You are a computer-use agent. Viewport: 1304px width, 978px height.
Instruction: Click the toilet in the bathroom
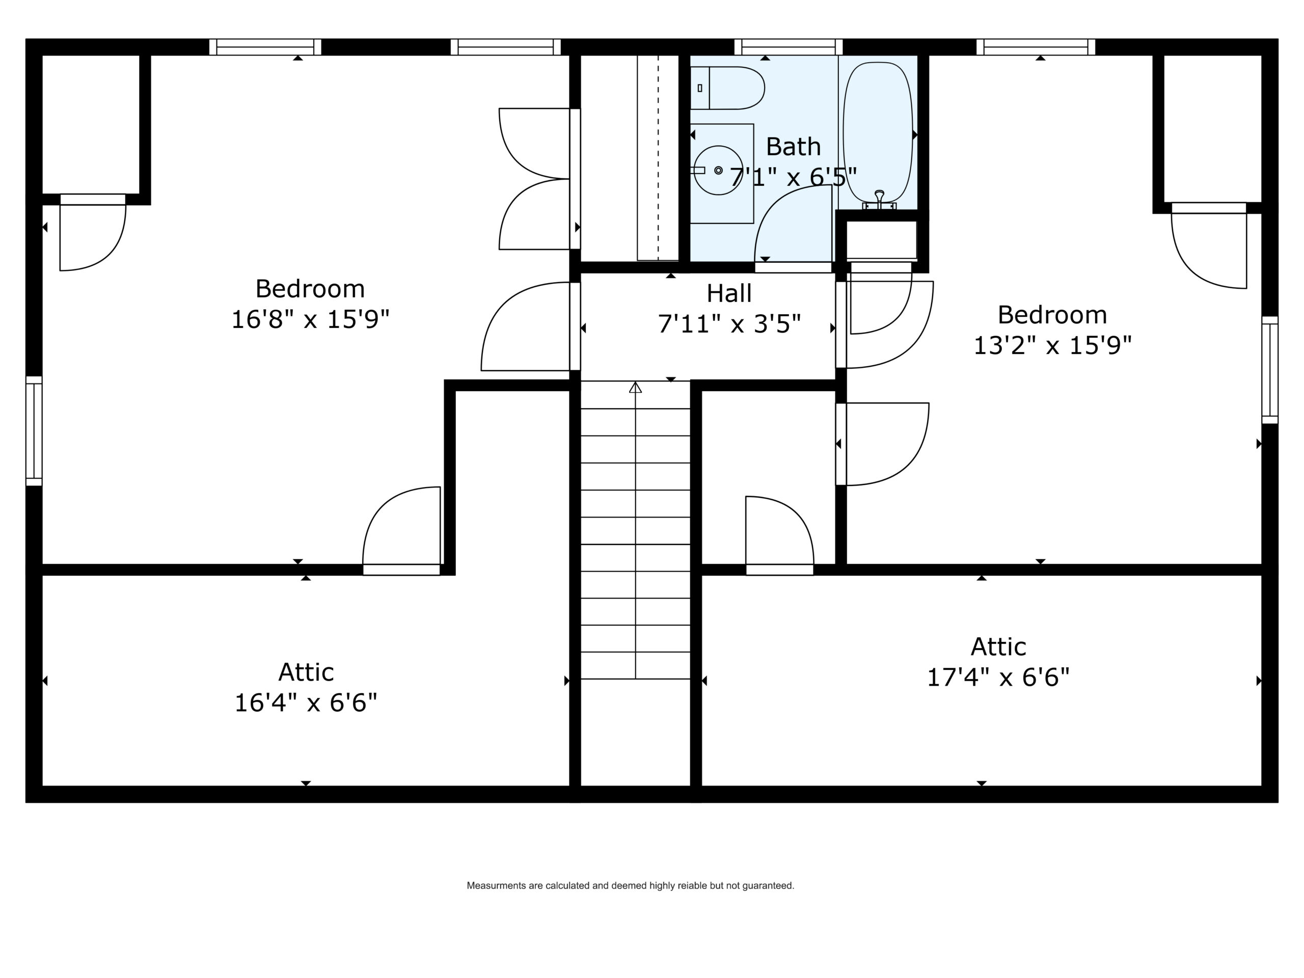coord(727,88)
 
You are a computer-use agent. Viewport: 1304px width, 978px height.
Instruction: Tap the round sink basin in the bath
coord(718,170)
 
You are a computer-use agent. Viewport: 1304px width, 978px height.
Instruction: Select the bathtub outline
coord(878,135)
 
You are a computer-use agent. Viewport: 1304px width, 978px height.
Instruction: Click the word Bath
coord(793,146)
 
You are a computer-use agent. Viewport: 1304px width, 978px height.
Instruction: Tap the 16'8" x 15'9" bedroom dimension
coord(310,319)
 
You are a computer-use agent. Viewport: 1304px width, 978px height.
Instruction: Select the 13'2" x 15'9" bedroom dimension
coord(1052,345)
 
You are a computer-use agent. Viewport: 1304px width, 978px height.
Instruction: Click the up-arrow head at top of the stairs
coord(636,387)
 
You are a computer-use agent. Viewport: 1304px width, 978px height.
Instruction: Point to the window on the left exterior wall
coord(34,431)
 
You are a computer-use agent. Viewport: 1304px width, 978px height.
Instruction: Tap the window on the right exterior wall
coord(1270,370)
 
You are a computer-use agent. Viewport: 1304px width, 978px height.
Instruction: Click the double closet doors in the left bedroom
coord(534,179)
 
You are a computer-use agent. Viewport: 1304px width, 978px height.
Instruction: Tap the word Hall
coord(729,293)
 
